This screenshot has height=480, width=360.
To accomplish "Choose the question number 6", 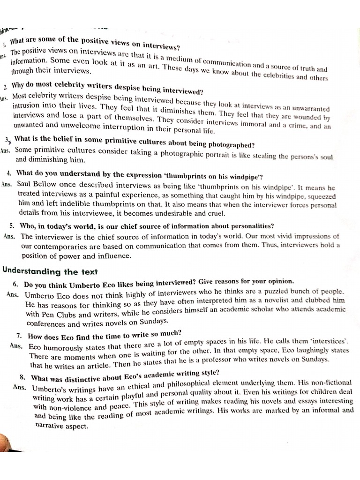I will [15, 284].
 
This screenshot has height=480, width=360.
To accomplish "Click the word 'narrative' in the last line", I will [51, 426].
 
